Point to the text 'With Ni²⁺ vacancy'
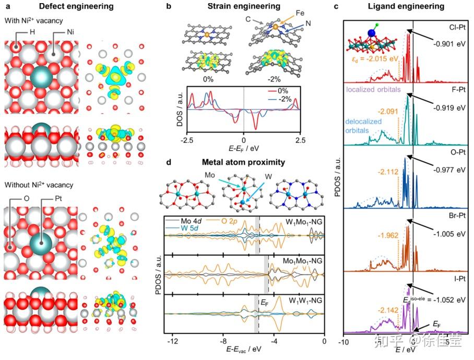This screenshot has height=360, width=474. [x=32, y=20]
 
